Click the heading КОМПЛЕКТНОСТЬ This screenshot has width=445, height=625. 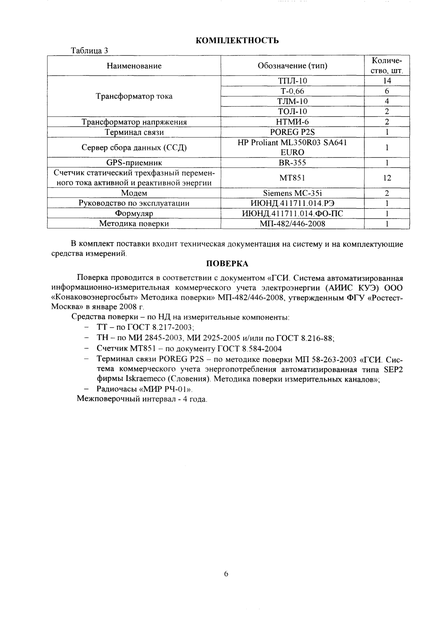(238, 40)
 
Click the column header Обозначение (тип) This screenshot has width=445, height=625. (292, 66)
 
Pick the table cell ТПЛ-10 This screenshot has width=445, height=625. (292, 81)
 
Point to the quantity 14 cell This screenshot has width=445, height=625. (387, 81)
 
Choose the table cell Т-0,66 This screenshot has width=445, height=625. (292, 91)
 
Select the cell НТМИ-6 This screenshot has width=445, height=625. (292, 122)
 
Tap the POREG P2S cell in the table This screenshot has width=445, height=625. (292, 132)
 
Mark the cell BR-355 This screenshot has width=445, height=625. (292, 163)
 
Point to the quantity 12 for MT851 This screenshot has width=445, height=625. (387, 178)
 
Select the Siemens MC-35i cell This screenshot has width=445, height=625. (292, 193)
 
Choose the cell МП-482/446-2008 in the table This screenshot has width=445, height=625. (292, 224)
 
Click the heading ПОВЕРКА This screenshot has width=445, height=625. (227, 263)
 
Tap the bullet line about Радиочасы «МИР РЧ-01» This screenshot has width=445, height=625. (145, 389)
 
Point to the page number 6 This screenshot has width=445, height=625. (226, 574)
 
